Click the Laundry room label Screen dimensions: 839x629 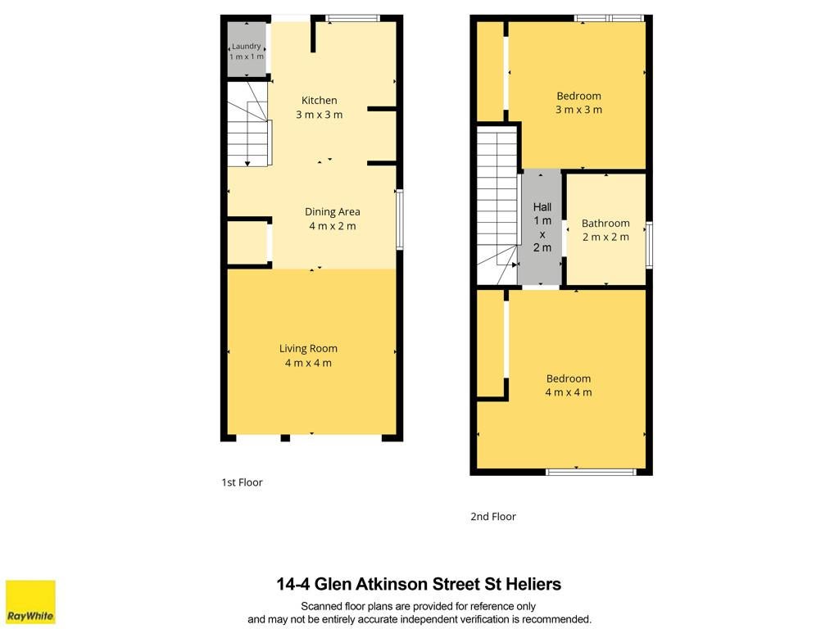point(246,47)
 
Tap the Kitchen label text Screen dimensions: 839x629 point(320,100)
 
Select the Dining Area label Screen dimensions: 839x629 point(333,212)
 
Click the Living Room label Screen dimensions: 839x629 point(308,349)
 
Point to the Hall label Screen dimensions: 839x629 point(542,207)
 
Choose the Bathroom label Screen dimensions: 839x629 point(605,223)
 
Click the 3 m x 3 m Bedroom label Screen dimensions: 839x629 point(579,97)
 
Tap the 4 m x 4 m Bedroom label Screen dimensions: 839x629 point(569,378)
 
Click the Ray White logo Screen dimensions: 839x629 point(30,602)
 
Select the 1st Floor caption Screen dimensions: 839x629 point(242,482)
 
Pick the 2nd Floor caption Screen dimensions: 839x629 point(493,517)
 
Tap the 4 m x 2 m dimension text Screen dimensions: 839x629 point(333,226)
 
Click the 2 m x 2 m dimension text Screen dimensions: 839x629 point(605,237)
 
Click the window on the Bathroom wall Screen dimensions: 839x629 point(650,245)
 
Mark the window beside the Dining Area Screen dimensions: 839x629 point(399,219)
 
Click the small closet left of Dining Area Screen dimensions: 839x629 point(247,242)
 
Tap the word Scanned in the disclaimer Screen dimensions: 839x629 point(321,607)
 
